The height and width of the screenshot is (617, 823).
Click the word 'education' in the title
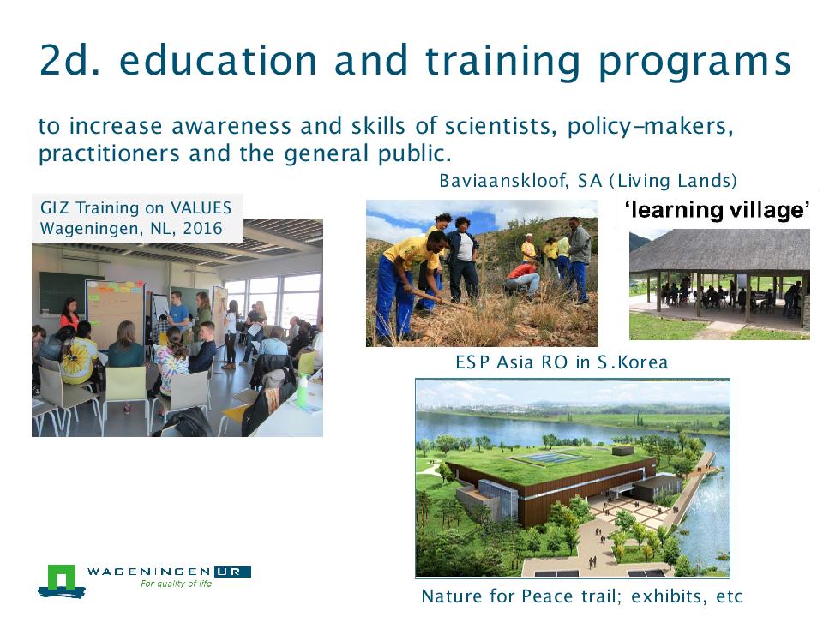point(218,60)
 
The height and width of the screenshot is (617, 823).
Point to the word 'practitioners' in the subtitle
point(109,153)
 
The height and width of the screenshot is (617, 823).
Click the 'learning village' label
point(717,209)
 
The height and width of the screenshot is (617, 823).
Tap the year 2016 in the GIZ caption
point(202,228)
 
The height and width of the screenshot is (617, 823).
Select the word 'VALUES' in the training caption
point(201,207)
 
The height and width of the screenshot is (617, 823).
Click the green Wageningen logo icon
point(62,581)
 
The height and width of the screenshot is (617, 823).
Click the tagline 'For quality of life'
point(176,584)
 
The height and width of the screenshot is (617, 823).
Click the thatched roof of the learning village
point(719,250)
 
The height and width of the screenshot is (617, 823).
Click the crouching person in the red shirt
point(521,279)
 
